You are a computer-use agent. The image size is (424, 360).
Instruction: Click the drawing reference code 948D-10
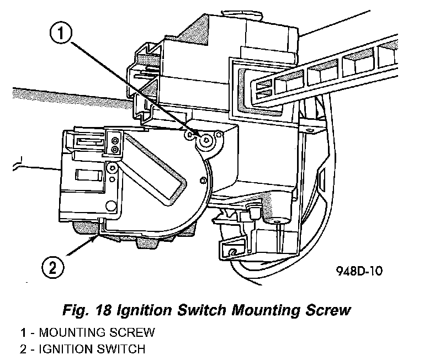pos(358,271)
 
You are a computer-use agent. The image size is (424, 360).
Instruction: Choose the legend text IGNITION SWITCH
pos(93,349)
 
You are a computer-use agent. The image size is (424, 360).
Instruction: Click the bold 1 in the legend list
pos(23,333)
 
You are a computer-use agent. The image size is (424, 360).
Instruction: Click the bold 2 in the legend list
pos(23,349)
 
